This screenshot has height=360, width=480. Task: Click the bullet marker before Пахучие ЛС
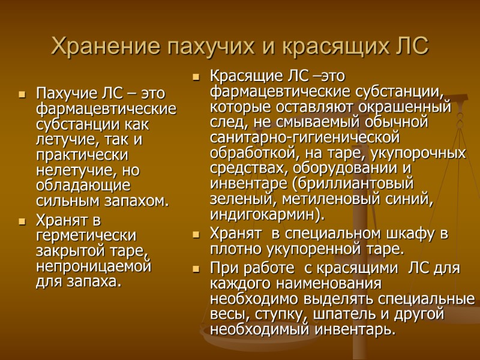pyautogui.click(x=22, y=94)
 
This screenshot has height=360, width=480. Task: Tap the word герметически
pyautogui.click(x=86, y=235)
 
